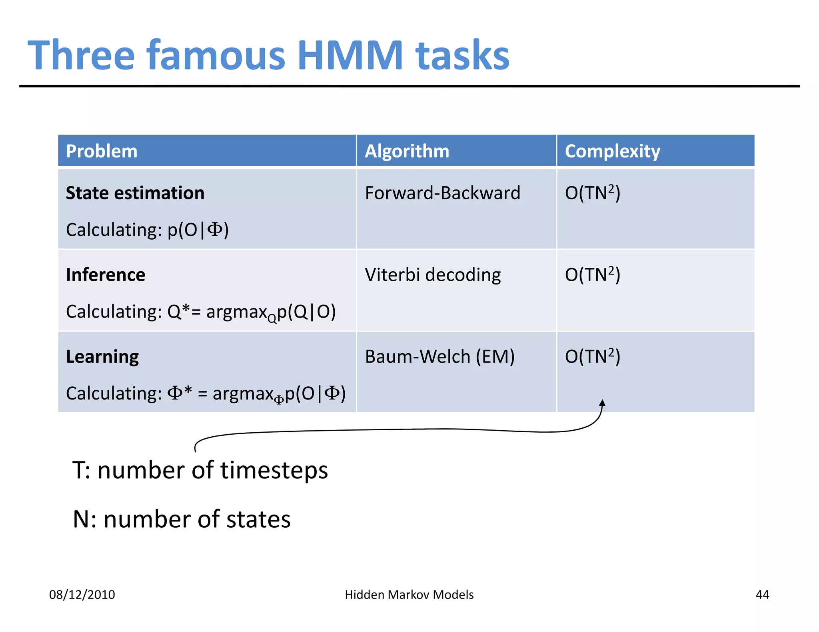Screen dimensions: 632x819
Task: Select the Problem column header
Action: click(x=102, y=151)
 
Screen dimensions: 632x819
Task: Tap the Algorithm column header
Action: click(x=407, y=151)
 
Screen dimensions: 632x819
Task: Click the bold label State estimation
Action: click(x=135, y=193)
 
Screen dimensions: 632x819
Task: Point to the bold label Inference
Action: click(x=106, y=275)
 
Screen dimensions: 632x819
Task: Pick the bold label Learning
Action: click(x=102, y=357)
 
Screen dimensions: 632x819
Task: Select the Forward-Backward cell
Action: click(x=443, y=193)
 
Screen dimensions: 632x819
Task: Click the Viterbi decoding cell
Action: click(x=433, y=275)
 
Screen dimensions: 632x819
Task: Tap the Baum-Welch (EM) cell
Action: click(x=440, y=356)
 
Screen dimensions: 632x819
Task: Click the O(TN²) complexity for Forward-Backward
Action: click(x=592, y=193)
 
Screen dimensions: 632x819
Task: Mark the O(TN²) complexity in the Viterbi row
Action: click(x=592, y=275)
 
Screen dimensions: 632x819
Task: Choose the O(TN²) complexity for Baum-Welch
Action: click(x=592, y=356)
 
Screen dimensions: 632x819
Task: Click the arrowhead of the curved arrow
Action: click(x=602, y=403)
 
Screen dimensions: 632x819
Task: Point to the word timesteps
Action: click(x=274, y=470)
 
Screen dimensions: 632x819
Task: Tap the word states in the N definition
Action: click(x=258, y=519)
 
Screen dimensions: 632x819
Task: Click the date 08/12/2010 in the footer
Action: click(x=82, y=595)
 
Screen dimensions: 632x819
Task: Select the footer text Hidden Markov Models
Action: click(x=409, y=595)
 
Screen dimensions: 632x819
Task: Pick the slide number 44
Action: click(x=762, y=595)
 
